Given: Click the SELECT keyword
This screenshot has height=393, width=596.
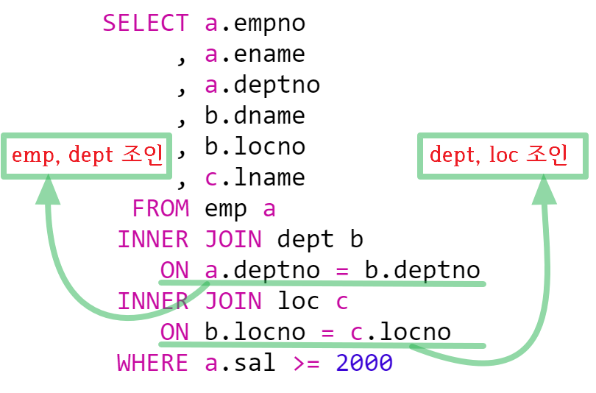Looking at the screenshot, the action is click(x=145, y=24).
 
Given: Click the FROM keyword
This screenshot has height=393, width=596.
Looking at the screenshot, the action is click(x=160, y=209).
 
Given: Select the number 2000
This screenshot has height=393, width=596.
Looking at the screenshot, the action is click(x=364, y=364).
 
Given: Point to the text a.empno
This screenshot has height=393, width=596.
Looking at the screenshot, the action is click(x=255, y=24).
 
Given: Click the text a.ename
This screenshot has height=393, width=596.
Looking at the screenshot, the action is click(x=255, y=54).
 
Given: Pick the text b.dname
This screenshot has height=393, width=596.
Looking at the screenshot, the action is click(x=255, y=116).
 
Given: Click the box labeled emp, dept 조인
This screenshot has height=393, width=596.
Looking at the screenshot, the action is click(x=88, y=155).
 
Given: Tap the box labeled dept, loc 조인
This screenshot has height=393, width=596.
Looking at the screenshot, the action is click(x=503, y=155).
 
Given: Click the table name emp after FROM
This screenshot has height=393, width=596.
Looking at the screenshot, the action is click(x=226, y=209).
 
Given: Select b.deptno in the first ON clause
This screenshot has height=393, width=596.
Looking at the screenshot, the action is click(x=422, y=271).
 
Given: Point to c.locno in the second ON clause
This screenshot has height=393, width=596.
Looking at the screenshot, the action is click(x=400, y=333).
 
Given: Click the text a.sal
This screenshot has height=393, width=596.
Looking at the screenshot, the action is click(x=240, y=364).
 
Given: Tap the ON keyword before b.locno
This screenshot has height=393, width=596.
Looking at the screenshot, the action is click(x=174, y=333).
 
